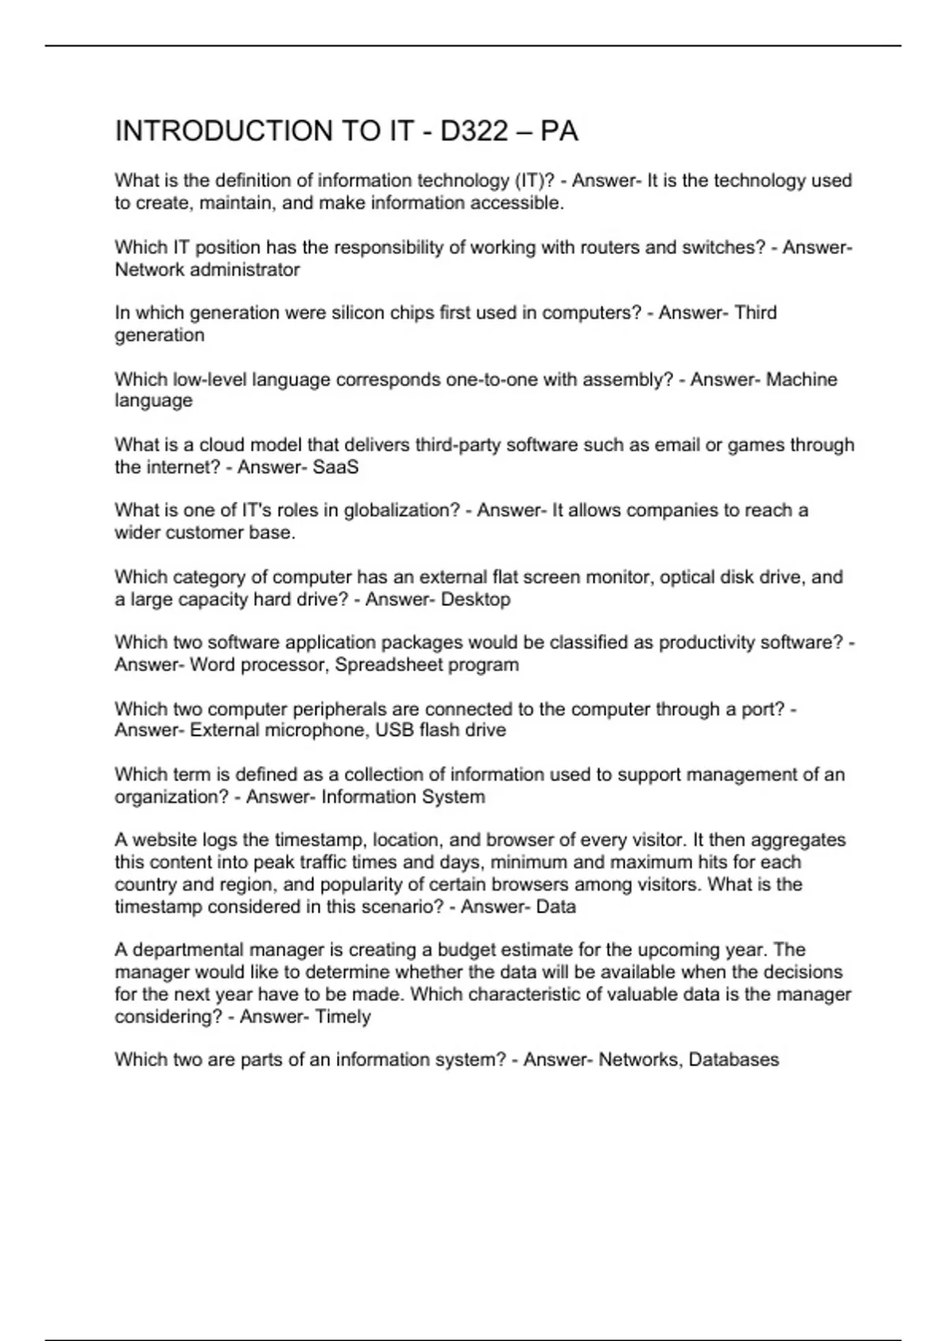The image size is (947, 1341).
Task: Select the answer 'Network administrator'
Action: [x=207, y=270]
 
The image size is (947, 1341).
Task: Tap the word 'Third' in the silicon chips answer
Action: [x=755, y=313]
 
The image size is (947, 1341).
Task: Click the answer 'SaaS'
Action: [x=335, y=468]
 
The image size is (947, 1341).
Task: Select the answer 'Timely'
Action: [x=342, y=1017]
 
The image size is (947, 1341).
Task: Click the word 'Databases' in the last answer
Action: [x=733, y=1060]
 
